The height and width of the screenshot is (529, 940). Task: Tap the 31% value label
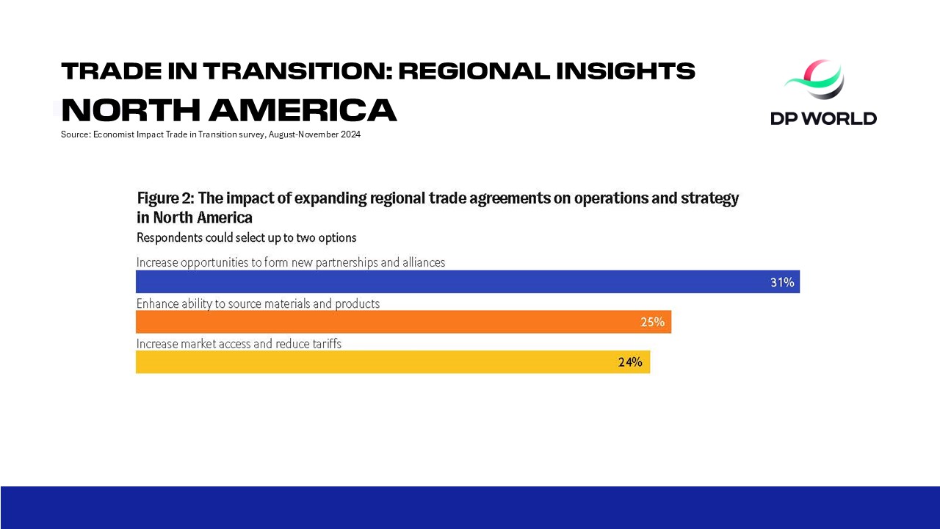pyautogui.click(x=782, y=282)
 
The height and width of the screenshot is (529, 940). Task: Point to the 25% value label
pyautogui.click(x=652, y=322)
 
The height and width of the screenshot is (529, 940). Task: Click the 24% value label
pyautogui.click(x=630, y=361)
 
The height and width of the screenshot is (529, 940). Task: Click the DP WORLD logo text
pyautogui.click(x=823, y=118)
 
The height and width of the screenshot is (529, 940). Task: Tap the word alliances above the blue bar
pyautogui.click(x=422, y=262)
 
